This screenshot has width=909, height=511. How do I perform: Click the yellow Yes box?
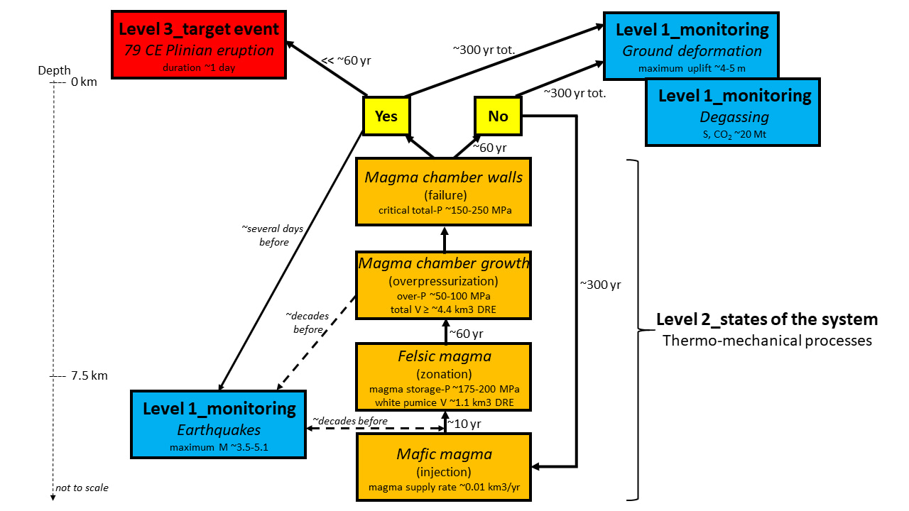click(x=386, y=116)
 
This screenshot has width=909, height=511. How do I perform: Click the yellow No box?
click(x=498, y=116)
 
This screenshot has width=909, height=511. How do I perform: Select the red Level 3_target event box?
click(x=198, y=45)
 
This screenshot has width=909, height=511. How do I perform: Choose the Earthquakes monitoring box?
click(x=219, y=424)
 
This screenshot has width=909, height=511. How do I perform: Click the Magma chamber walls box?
click(x=444, y=191)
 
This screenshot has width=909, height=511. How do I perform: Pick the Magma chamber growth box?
click(x=444, y=284)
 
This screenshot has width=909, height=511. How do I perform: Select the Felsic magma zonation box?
click(x=444, y=377)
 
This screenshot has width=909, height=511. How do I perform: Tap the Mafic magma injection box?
click(x=444, y=466)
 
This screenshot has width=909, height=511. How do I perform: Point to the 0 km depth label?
click(x=82, y=82)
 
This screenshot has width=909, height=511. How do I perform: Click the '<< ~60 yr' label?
click(x=346, y=60)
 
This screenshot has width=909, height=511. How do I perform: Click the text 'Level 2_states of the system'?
click(x=766, y=319)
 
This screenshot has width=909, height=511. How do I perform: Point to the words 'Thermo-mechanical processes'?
click(x=766, y=341)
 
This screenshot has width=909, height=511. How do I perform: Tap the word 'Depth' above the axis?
click(x=55, y=70)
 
